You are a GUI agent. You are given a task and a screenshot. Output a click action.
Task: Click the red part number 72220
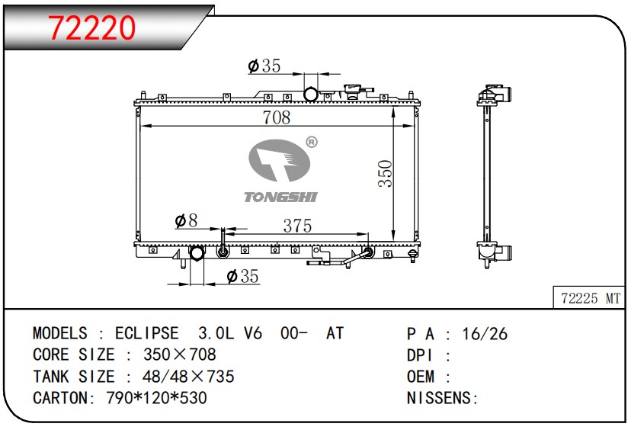[x=91, y=27]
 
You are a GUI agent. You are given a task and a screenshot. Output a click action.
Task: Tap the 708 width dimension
[x=277, y=117]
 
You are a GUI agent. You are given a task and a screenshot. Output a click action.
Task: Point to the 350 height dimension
[x=386, y=174]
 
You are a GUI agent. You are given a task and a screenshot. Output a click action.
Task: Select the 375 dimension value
[x=297, y=226]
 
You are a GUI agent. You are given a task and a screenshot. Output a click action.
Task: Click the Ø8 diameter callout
[x=186, y=220]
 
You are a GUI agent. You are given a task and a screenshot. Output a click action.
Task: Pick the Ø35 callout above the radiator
[x=264, y=66]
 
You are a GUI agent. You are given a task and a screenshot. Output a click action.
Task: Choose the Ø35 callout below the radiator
[x=242, y=276]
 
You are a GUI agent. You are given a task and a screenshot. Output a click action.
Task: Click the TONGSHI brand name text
[x=280, y=197]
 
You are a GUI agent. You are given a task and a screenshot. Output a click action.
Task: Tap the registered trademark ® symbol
[x=312, y=142]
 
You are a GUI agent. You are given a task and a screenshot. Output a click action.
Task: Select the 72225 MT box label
[x=591, y=298]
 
